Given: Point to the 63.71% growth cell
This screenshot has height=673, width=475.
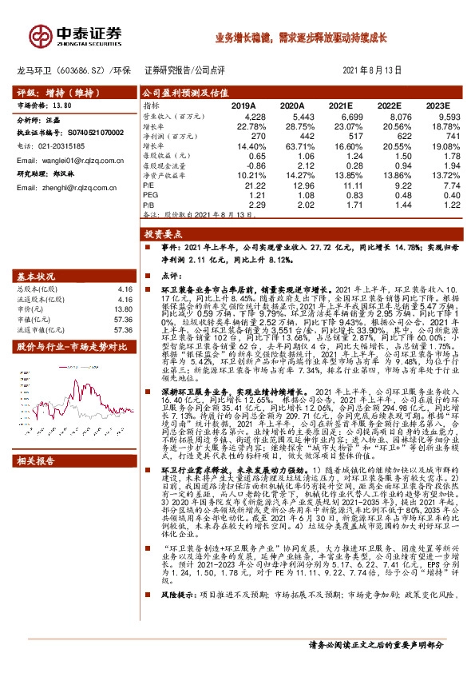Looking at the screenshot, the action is [288, 147].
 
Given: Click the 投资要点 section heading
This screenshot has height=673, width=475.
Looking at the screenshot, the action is [159, 235].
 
